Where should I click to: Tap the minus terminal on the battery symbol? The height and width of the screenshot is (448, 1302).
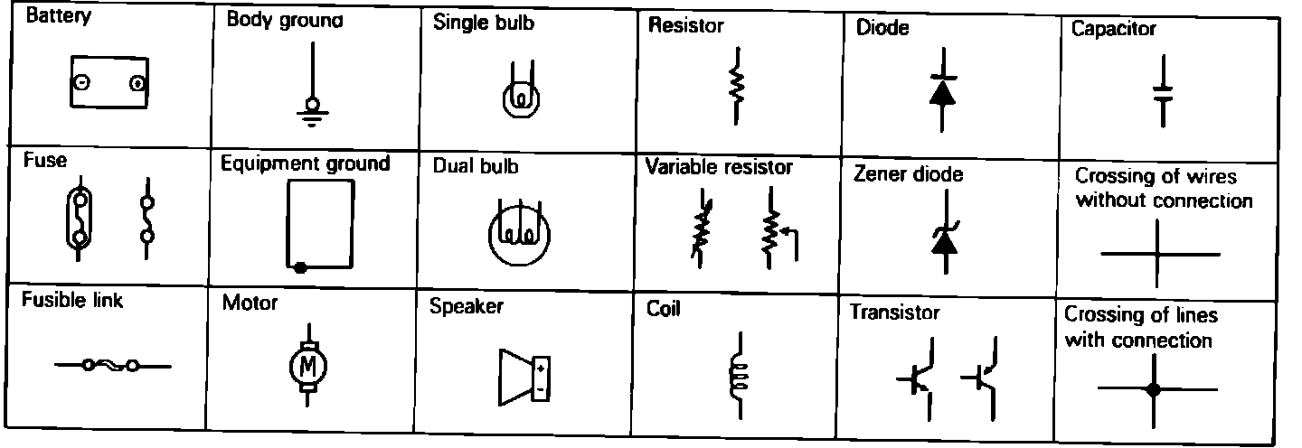(80, 83)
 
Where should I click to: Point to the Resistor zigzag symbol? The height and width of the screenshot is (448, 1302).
(738, 85)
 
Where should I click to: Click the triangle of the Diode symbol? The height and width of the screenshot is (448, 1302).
(941, 92)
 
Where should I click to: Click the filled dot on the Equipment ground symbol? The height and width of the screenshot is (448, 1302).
(299, 267)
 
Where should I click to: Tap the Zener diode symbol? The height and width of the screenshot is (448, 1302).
(943, 237)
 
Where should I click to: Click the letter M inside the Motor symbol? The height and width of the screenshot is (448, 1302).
(307, 366)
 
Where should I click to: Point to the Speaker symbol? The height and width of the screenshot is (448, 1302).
(524, 378)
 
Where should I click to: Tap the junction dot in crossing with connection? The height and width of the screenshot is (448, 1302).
(1153, 390)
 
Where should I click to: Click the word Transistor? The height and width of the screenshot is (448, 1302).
(894, 313)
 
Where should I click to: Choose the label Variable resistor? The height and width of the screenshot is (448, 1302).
(719, 167)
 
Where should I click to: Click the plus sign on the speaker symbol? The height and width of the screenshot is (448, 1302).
(540, 369)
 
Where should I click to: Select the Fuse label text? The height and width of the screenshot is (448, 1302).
(44, 161)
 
